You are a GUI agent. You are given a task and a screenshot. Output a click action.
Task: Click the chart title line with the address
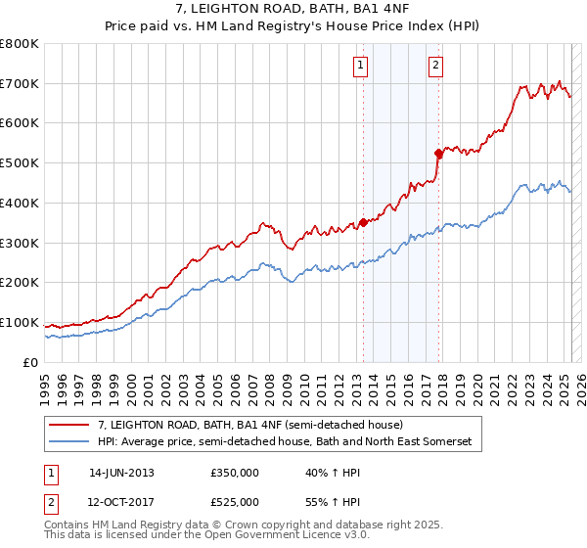(x=293, y=12)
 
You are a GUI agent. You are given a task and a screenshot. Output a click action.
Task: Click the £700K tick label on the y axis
(x=20, y=83)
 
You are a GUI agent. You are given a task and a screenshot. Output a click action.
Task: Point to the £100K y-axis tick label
(x=20, y=322)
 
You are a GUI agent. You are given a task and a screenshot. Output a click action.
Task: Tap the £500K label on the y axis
(x=20, y=162)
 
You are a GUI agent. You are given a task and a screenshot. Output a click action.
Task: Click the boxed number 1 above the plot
(x=361, y=66)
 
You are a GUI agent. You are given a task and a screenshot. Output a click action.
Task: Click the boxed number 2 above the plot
(x=435, y=66)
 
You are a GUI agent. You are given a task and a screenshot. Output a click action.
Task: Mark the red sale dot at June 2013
(x=363, y=222)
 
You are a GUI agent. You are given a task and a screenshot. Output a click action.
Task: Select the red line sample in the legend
(x=68, y=425)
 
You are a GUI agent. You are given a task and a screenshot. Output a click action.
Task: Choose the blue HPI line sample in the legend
(x=68, y=441)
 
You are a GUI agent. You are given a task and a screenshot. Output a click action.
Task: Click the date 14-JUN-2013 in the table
(x=121, y=473)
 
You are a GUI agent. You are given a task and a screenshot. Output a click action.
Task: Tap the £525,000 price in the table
(x=234, y=502)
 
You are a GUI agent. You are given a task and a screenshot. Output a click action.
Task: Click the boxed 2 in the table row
(x=52, y=502)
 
